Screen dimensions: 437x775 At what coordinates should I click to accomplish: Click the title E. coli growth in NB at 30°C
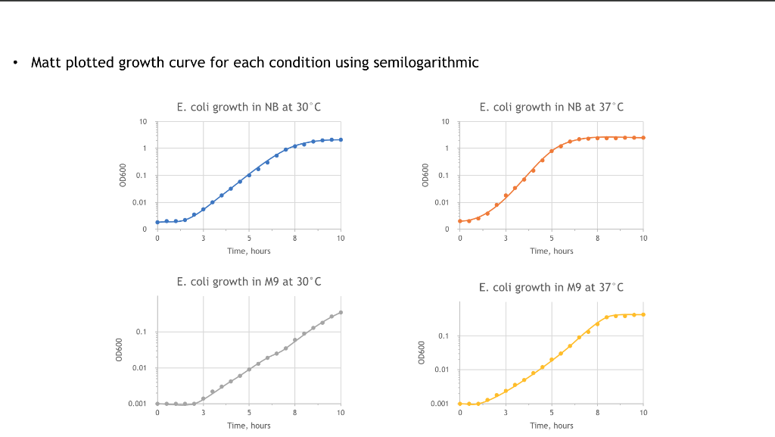tap(249, 107)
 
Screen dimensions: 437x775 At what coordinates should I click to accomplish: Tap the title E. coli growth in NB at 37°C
tap(552, 107)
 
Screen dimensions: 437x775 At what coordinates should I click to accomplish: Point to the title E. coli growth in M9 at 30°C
tap(249, 282)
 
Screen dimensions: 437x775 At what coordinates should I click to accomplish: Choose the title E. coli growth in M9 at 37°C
tap(552, 287)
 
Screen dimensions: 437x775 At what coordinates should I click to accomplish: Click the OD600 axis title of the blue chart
tap(122, 176)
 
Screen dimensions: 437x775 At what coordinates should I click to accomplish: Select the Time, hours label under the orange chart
tap(552, 251)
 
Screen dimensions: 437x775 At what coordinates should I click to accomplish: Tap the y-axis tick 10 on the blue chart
tap(143, 122)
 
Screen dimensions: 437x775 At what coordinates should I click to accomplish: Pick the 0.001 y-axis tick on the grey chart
tap(138, 404)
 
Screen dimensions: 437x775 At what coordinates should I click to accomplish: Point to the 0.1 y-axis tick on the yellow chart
tap(444, 336)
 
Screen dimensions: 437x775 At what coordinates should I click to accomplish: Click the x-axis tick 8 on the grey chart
tap(295, 413)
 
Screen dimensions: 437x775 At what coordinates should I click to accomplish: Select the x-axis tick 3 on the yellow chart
tap(506, 413)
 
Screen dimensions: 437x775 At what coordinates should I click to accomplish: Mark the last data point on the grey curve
tap(341, 312)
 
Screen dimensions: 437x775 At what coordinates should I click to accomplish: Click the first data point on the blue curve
tap(157, 222)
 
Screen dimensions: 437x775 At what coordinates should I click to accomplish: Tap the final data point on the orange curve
tap(643, 138)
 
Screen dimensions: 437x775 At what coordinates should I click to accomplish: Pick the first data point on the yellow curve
tap(460, 404)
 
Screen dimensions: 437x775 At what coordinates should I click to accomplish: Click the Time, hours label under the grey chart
tap(249, 426)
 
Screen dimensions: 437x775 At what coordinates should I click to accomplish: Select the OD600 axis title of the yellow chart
tap(425, 354)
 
